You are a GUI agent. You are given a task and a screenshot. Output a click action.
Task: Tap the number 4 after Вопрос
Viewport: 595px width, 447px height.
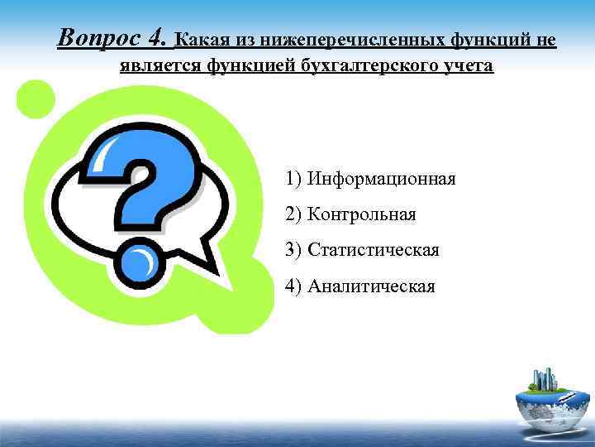(157, 37)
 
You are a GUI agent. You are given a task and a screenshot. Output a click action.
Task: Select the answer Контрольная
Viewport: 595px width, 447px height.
(361, 214)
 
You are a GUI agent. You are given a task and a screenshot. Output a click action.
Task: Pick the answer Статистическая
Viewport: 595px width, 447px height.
(373, 250)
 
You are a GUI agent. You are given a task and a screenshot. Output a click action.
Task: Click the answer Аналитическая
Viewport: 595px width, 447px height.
(371, 286)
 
